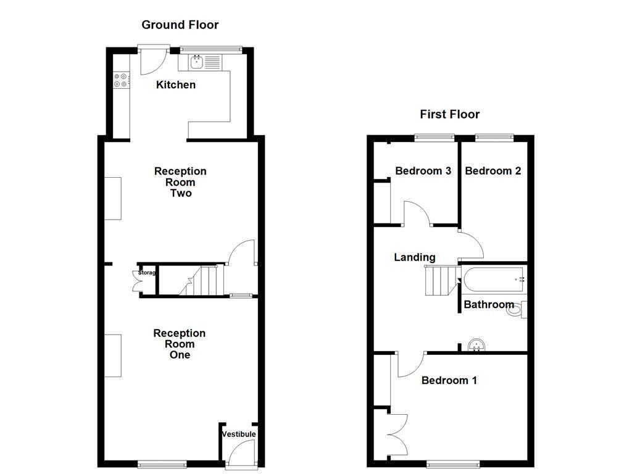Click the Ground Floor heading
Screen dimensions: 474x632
[x=180, y=25]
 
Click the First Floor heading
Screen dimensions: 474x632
[x=449, y=114]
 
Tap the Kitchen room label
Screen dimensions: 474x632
[x=176, y=85]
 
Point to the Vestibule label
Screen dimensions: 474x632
[x=239, y=434]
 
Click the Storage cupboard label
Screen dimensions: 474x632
[x=146, y=273]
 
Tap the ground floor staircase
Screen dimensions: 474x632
[x=203, y=281]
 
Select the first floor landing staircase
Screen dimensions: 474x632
[x=439, y=281]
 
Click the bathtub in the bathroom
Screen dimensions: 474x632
[x=493, y=280]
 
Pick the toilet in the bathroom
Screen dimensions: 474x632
[x=515, y=309]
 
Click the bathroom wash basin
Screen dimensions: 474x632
[x=476, y=344]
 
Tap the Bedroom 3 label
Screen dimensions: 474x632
[x=423, y=171]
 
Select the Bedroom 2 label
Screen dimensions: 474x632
[x=493, y=171]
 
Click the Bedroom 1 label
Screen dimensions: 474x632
[x=449, y=380]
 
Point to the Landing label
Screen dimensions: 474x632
[x=415, y=257]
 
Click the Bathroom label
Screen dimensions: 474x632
[x=489, y=304]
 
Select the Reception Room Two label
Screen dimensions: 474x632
[x=180, y=182]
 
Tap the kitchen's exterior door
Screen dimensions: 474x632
[x=152, y=60]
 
